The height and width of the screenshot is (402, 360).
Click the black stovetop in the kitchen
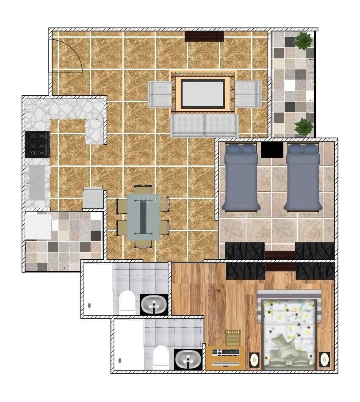coord(37,144)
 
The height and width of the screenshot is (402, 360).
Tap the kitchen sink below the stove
coord(37,182)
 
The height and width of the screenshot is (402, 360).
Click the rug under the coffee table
coord(203,92)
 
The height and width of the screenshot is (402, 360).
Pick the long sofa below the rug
coord(205,126)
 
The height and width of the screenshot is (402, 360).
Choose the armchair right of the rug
coord(248,94)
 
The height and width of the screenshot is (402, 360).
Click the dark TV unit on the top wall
coord(204,36)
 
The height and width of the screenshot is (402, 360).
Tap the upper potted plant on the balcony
coord(303,41)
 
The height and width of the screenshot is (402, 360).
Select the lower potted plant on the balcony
coord(304,127)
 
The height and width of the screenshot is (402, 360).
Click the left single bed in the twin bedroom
coord(241,177)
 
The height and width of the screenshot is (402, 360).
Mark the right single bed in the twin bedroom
coord(303,177)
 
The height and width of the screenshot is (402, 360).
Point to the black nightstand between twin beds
coord(272,149)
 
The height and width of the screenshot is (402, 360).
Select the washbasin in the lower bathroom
coord(188,360)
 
